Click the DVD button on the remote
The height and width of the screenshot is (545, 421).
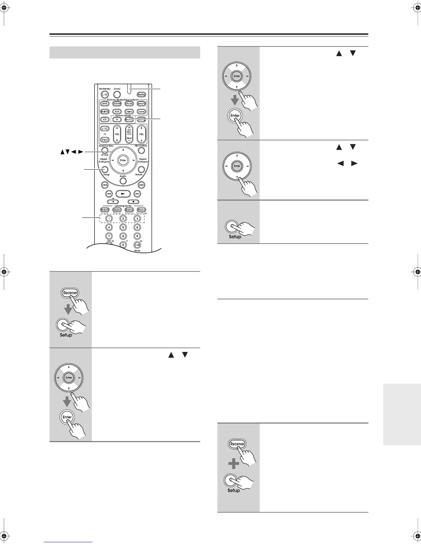pyautogui.click(x=105, y=104)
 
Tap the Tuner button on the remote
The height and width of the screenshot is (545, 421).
pyautogui.click(x=141, y=111)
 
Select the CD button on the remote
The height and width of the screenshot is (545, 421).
pyautogui.click(x=105, y=120)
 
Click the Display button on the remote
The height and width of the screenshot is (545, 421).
pyautogui.click(x=141, y=94)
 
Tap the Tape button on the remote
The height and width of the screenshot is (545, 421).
pyautogui.click(x=129, y=111)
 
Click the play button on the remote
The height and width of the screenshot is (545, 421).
pyautogui.click(x=123, y=194)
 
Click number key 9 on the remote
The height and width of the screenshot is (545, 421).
pyautogui.click(x=137, y=236)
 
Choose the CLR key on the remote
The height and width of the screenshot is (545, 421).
pyautogui.click(x=137, y=245)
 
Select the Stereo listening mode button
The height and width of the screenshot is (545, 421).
pyautogui.click(x=141, y=210)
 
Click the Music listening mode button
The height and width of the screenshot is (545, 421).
pyautogui.click(x=117, y=210)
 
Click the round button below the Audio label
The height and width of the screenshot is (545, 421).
pyautogui.click(x=123, y=181)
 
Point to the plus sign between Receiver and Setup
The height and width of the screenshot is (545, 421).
pyautogui.click(x=234, y=464)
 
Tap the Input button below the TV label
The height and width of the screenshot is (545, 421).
pyautogui.click(x=105, y=140)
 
